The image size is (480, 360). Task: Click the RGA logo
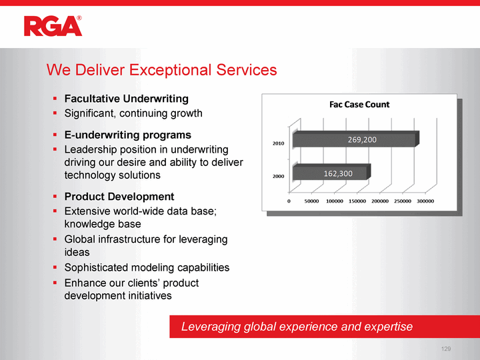point(53,26)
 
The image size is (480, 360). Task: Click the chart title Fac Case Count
point(359,105)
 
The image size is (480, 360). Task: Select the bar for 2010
point(356,139)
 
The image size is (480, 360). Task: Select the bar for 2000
point(331,173)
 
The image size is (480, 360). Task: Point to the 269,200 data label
point(362,140)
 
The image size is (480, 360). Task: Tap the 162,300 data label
point(338,173)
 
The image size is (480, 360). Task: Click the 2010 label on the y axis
point(278,143)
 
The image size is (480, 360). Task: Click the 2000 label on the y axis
point(278,176)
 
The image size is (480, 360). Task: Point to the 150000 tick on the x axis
point(357,201)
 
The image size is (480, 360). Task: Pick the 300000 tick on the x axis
point(425,201)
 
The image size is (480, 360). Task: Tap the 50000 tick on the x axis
point(311,201)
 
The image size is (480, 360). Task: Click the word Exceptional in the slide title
point(170,71)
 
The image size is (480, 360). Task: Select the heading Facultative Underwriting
point(127,99)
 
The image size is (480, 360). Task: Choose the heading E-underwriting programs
point(127,135)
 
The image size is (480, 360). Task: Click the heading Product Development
point(119,197)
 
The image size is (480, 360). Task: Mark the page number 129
point(446,349)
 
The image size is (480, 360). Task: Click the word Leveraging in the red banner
point(211,327)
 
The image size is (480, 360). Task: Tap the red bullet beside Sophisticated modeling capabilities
point(55,267)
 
